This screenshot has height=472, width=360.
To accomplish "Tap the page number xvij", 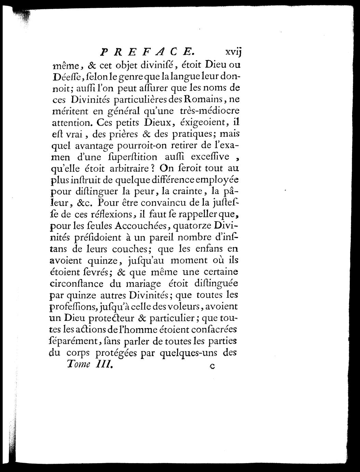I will point(233,52).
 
